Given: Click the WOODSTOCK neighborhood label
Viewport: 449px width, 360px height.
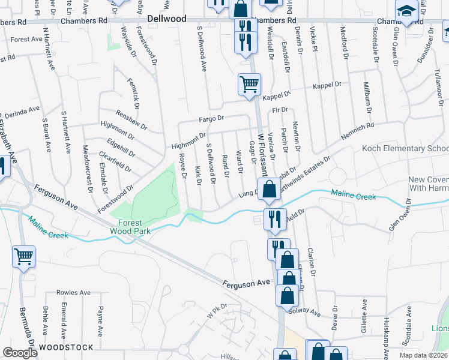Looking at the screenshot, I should (66, 347).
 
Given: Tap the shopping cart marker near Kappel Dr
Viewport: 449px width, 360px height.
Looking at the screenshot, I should (249, 84).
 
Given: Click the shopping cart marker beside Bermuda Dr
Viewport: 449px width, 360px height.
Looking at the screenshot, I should (23, 257).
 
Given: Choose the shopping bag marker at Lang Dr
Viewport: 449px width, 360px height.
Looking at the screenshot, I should (270, 188).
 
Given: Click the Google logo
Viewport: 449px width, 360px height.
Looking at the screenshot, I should (20, 353).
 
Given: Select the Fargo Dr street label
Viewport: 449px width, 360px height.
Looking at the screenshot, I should (211, 119).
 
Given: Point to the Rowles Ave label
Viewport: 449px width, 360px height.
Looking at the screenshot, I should (73, 293).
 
